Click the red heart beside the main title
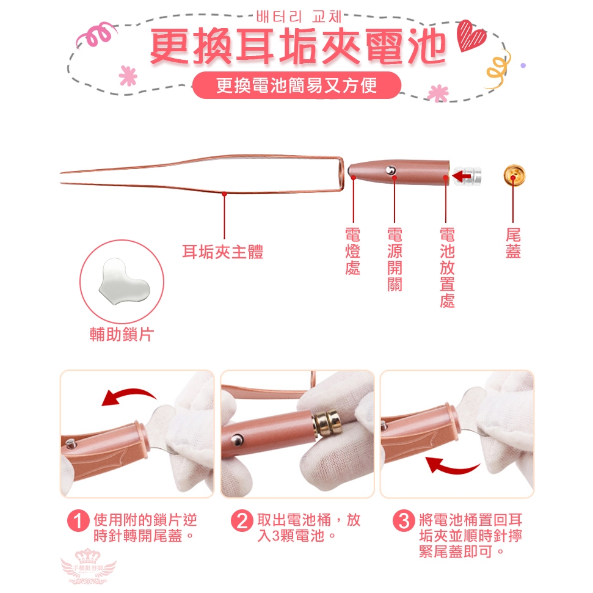[x=470, y=35]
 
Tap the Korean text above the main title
[x=299, y=16]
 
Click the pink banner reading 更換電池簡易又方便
[x=297, y=85]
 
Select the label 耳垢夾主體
[x=222, y=252]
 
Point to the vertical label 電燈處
[x=352, y=251]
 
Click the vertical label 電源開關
[x=395, y=260]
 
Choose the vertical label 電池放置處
[x=447, y=267]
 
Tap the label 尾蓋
[x=513, y=243]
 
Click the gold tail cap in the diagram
[x=514, y=175]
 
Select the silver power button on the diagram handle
[x=391, y=170]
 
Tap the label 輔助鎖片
[x=122, y=335]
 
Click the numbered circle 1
[x=78, y=521]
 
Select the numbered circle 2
[x=242, y=521]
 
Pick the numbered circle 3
[x=404, y=521]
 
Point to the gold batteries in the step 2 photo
[x=327, y=423]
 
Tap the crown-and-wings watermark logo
[x=88, y=566]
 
